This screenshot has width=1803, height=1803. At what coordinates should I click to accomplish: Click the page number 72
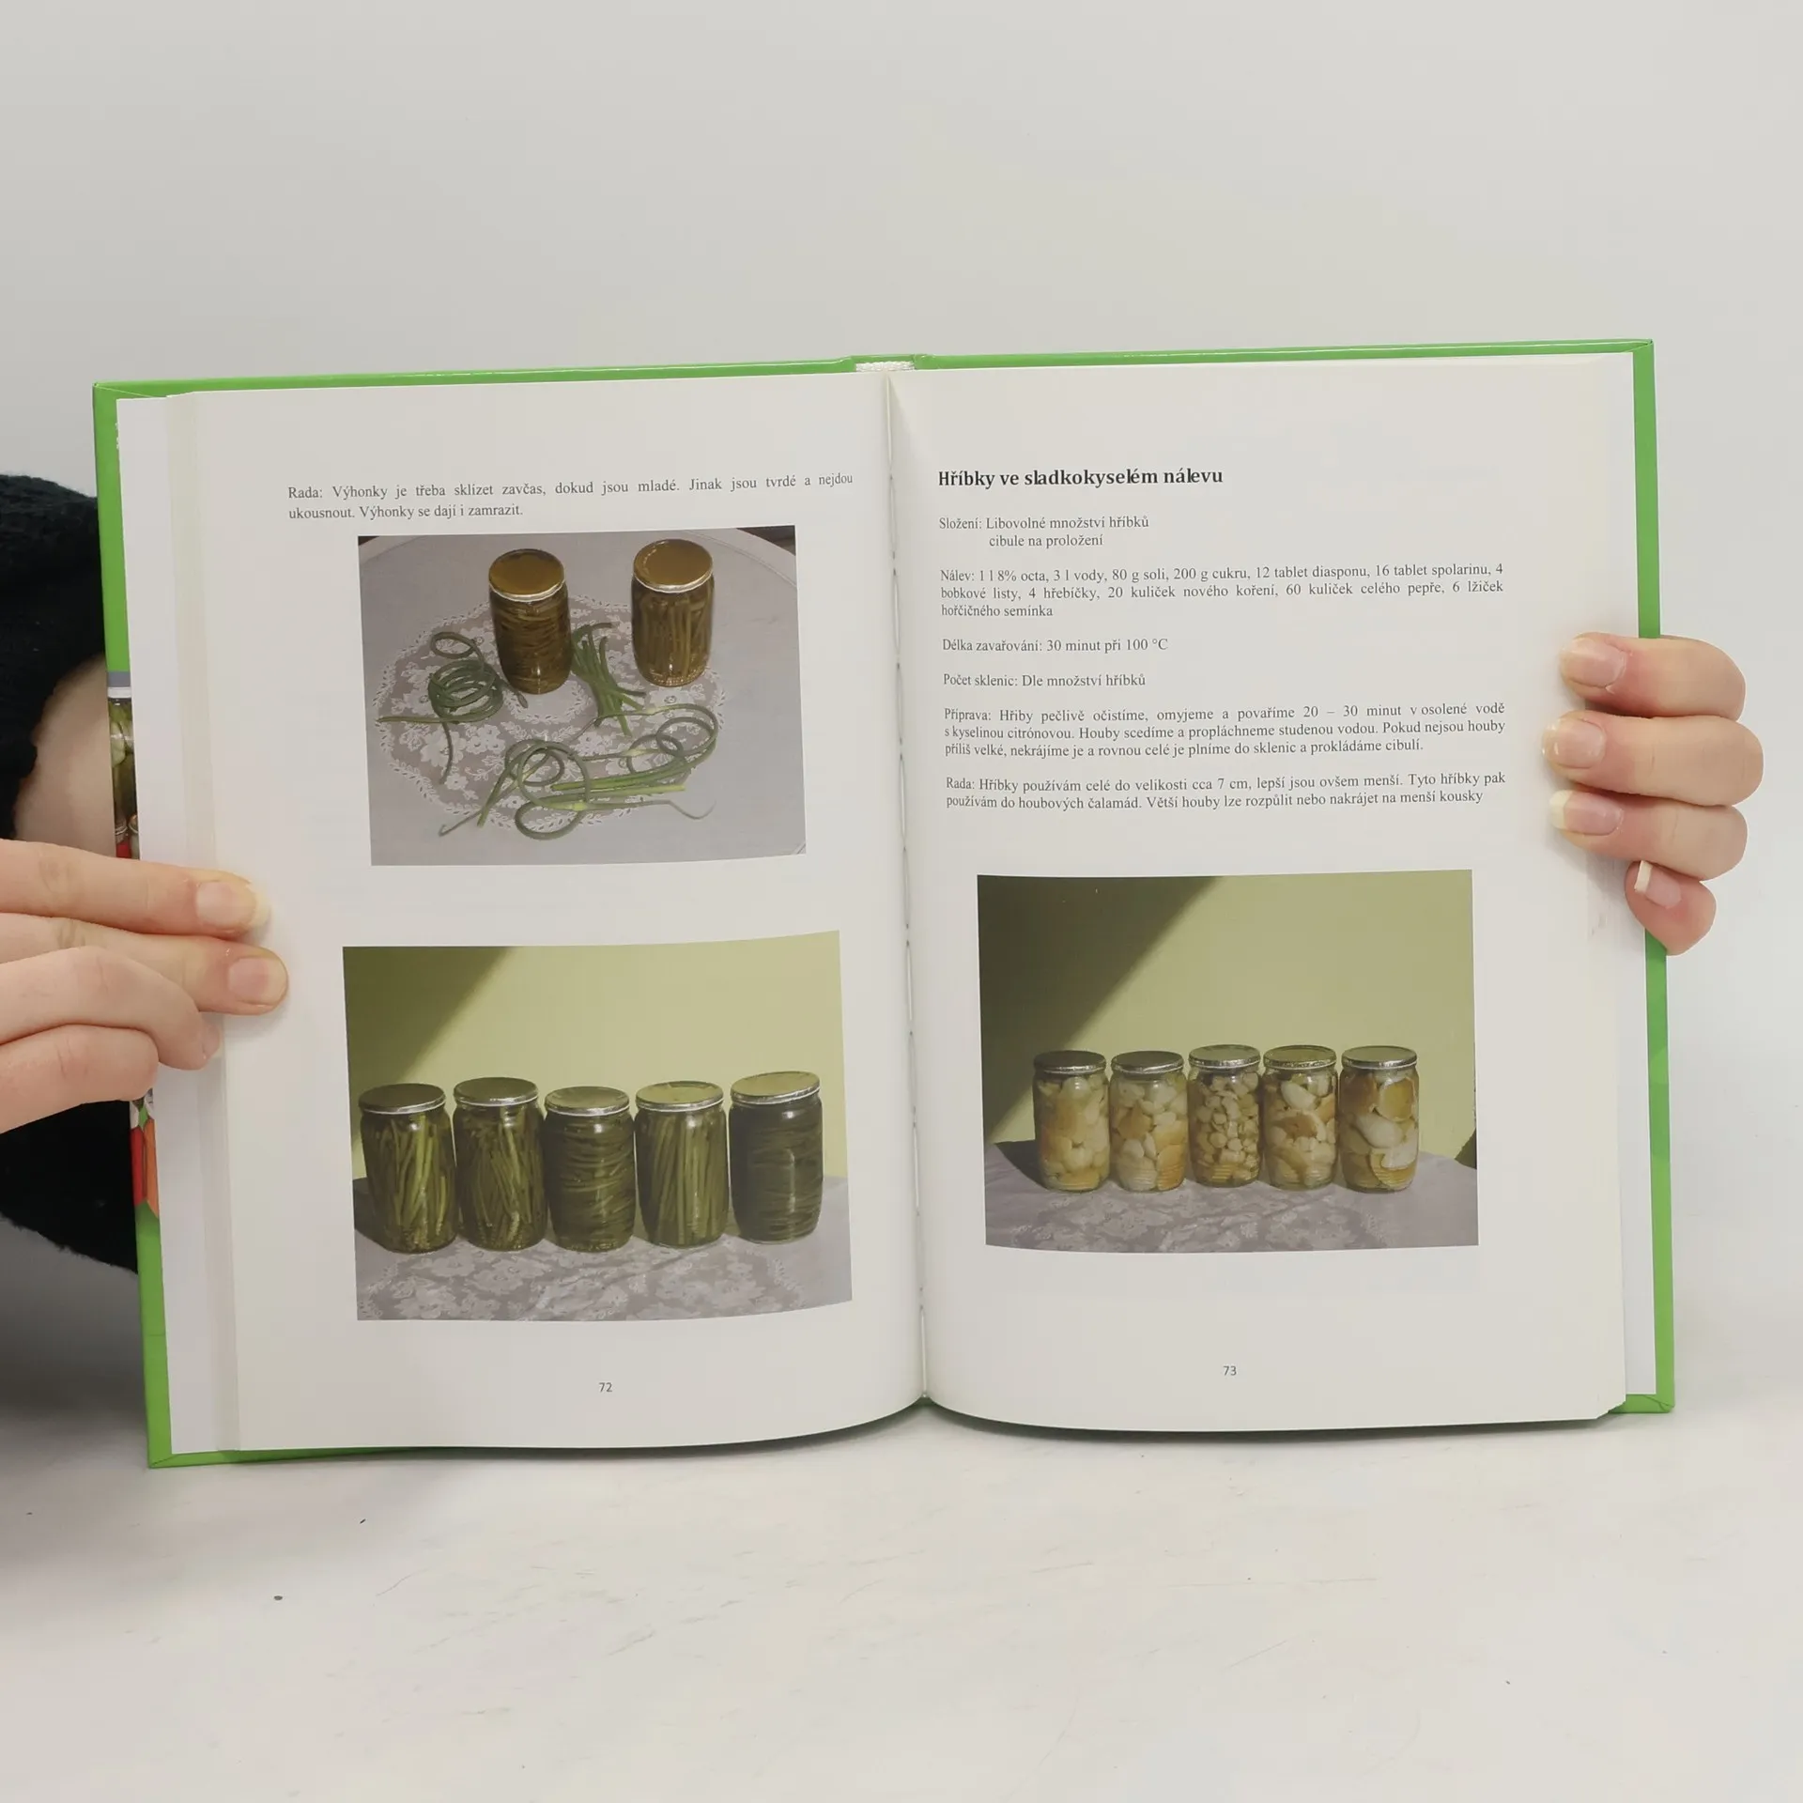coord(605,1386)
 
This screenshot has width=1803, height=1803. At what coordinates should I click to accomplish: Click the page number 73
coord(1229,1370)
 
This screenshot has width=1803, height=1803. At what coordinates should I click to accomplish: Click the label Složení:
coord(960,524)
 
